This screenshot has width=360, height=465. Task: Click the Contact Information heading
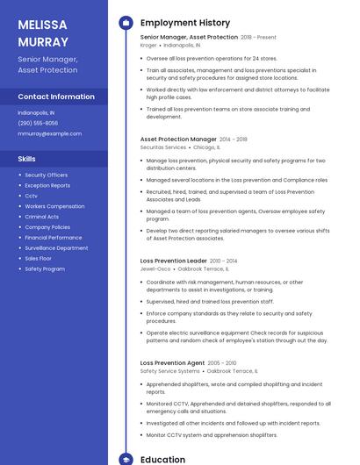pos(56,97)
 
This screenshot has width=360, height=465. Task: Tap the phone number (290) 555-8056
pos(38,123)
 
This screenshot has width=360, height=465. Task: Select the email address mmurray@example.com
pos(49,133)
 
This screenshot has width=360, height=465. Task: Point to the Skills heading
pos(27,159)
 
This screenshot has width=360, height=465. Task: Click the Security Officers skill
pos(46,175)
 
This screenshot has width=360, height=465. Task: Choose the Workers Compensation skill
pos(54,206)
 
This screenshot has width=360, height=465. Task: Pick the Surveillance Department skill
pos(56,248)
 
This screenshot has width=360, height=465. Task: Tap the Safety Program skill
pos(45,268)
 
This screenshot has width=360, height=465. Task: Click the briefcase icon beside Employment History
pos(126,23)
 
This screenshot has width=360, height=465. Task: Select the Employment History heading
pos(185,23)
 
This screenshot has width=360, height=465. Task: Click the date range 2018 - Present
pos(258,38)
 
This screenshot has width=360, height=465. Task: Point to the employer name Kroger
pos(149,45)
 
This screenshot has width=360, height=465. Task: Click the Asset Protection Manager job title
pos(178,139)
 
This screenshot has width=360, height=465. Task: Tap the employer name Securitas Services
pos(163,147)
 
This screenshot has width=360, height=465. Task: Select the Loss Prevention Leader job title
pos(174,261)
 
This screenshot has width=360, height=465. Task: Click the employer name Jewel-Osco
pos(155,268)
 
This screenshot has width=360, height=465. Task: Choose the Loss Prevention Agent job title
pos(172,362)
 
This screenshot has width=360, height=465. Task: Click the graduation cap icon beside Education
pos(126,460)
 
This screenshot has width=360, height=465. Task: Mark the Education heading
pos(163,460)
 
